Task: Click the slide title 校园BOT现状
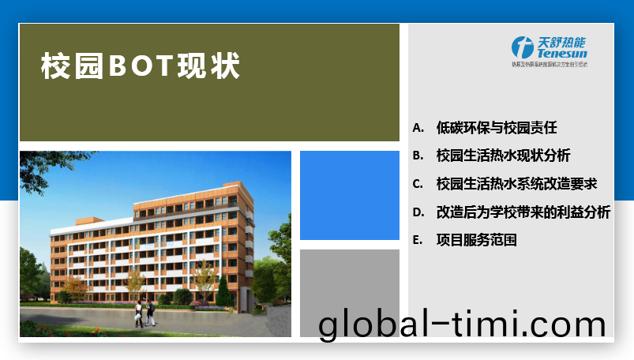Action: point(141,66)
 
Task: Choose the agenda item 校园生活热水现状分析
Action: point(503,156)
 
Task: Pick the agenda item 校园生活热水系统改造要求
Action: point(516,184)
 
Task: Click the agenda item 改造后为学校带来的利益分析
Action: point(523,212)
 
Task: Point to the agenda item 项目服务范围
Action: point(476,240)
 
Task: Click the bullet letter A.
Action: point(418,128)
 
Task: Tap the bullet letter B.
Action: point(418,156)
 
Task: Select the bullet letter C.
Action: point(418,184)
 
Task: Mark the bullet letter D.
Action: point(418,212)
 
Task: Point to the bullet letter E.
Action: point(418,240)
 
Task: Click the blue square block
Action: point(350,195)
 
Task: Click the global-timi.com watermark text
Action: point(462,324)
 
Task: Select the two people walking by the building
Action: point(144,313)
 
